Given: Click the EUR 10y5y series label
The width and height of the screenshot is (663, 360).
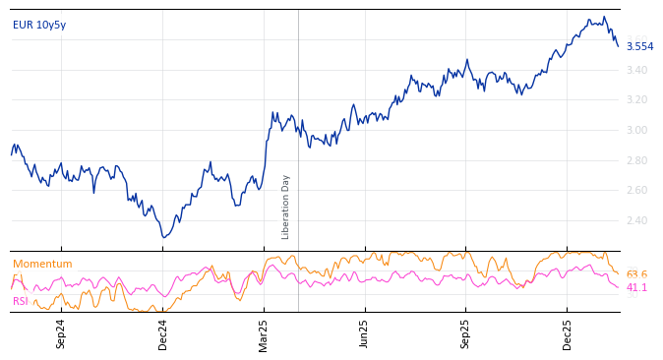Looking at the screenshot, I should [x=39, y=25].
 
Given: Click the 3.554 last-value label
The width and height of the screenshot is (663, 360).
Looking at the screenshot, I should [x=639, y=46].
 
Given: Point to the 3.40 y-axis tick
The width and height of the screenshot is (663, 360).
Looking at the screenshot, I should [x=637, y=70].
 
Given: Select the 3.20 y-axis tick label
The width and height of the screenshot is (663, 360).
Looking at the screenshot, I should [x=637, y=99].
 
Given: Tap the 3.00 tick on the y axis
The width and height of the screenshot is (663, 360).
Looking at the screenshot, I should [x=637, y=130].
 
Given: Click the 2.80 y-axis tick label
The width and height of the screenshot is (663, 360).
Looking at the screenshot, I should [x=637, y=160].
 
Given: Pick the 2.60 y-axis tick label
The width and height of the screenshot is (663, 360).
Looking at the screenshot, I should [x=637, y=190].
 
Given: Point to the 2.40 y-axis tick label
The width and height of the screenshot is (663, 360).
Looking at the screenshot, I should [x=637, y=220].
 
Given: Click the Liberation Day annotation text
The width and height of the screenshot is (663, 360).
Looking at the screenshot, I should [x=286, y=207].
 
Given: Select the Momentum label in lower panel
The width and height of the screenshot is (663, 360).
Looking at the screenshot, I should [x=42, y=264].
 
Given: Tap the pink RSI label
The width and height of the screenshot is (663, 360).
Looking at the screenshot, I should [x=21, y=301].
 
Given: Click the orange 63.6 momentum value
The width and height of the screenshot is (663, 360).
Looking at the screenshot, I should [x=636, y=274].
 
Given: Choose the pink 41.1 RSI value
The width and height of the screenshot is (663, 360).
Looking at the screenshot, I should [x=636, y=287].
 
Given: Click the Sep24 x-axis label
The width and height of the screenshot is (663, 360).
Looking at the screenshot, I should [x=61, y=333].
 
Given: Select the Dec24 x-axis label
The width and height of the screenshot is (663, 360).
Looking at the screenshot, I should [x=163, y=333].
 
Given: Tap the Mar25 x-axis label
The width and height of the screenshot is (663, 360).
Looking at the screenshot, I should [x=264, y=333].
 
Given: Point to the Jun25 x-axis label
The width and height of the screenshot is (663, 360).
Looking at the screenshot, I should [x=364, y=333].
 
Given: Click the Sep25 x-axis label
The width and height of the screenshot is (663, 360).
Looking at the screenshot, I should [x=465, y=333].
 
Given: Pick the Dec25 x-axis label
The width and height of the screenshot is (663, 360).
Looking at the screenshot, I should [x=568, y=333].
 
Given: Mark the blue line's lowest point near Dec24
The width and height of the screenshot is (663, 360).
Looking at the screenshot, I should [x=164, y=237].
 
